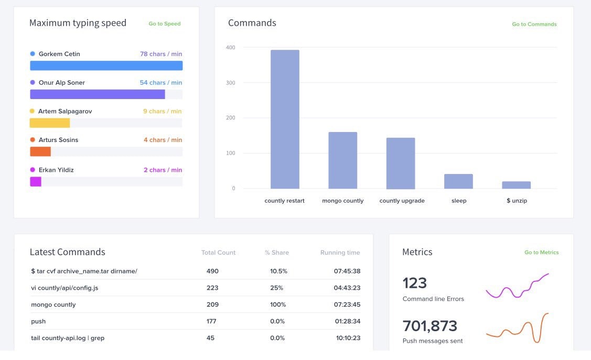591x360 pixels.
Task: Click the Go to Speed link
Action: (164, 24)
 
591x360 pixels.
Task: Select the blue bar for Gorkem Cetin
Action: (106, 66)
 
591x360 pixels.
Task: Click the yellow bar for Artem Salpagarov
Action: (50, 123)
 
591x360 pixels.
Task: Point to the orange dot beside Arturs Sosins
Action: (33, 140)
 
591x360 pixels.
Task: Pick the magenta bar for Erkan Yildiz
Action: (36, 182)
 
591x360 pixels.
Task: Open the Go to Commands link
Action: (534, 24)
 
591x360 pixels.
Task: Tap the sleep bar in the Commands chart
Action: (458, 181)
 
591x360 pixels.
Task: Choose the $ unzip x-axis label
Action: (517, 201)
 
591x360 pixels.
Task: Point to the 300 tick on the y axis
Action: (231, 83)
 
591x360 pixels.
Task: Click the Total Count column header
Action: (218, 253)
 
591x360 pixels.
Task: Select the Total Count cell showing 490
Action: (212, 271)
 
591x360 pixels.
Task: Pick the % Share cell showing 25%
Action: (277, 288)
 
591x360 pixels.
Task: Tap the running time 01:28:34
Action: (348, 321)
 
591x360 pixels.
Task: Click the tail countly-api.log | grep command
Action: (68, 338)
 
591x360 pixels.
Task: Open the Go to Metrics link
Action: (541, 253)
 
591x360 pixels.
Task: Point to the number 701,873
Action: (429, 326)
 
